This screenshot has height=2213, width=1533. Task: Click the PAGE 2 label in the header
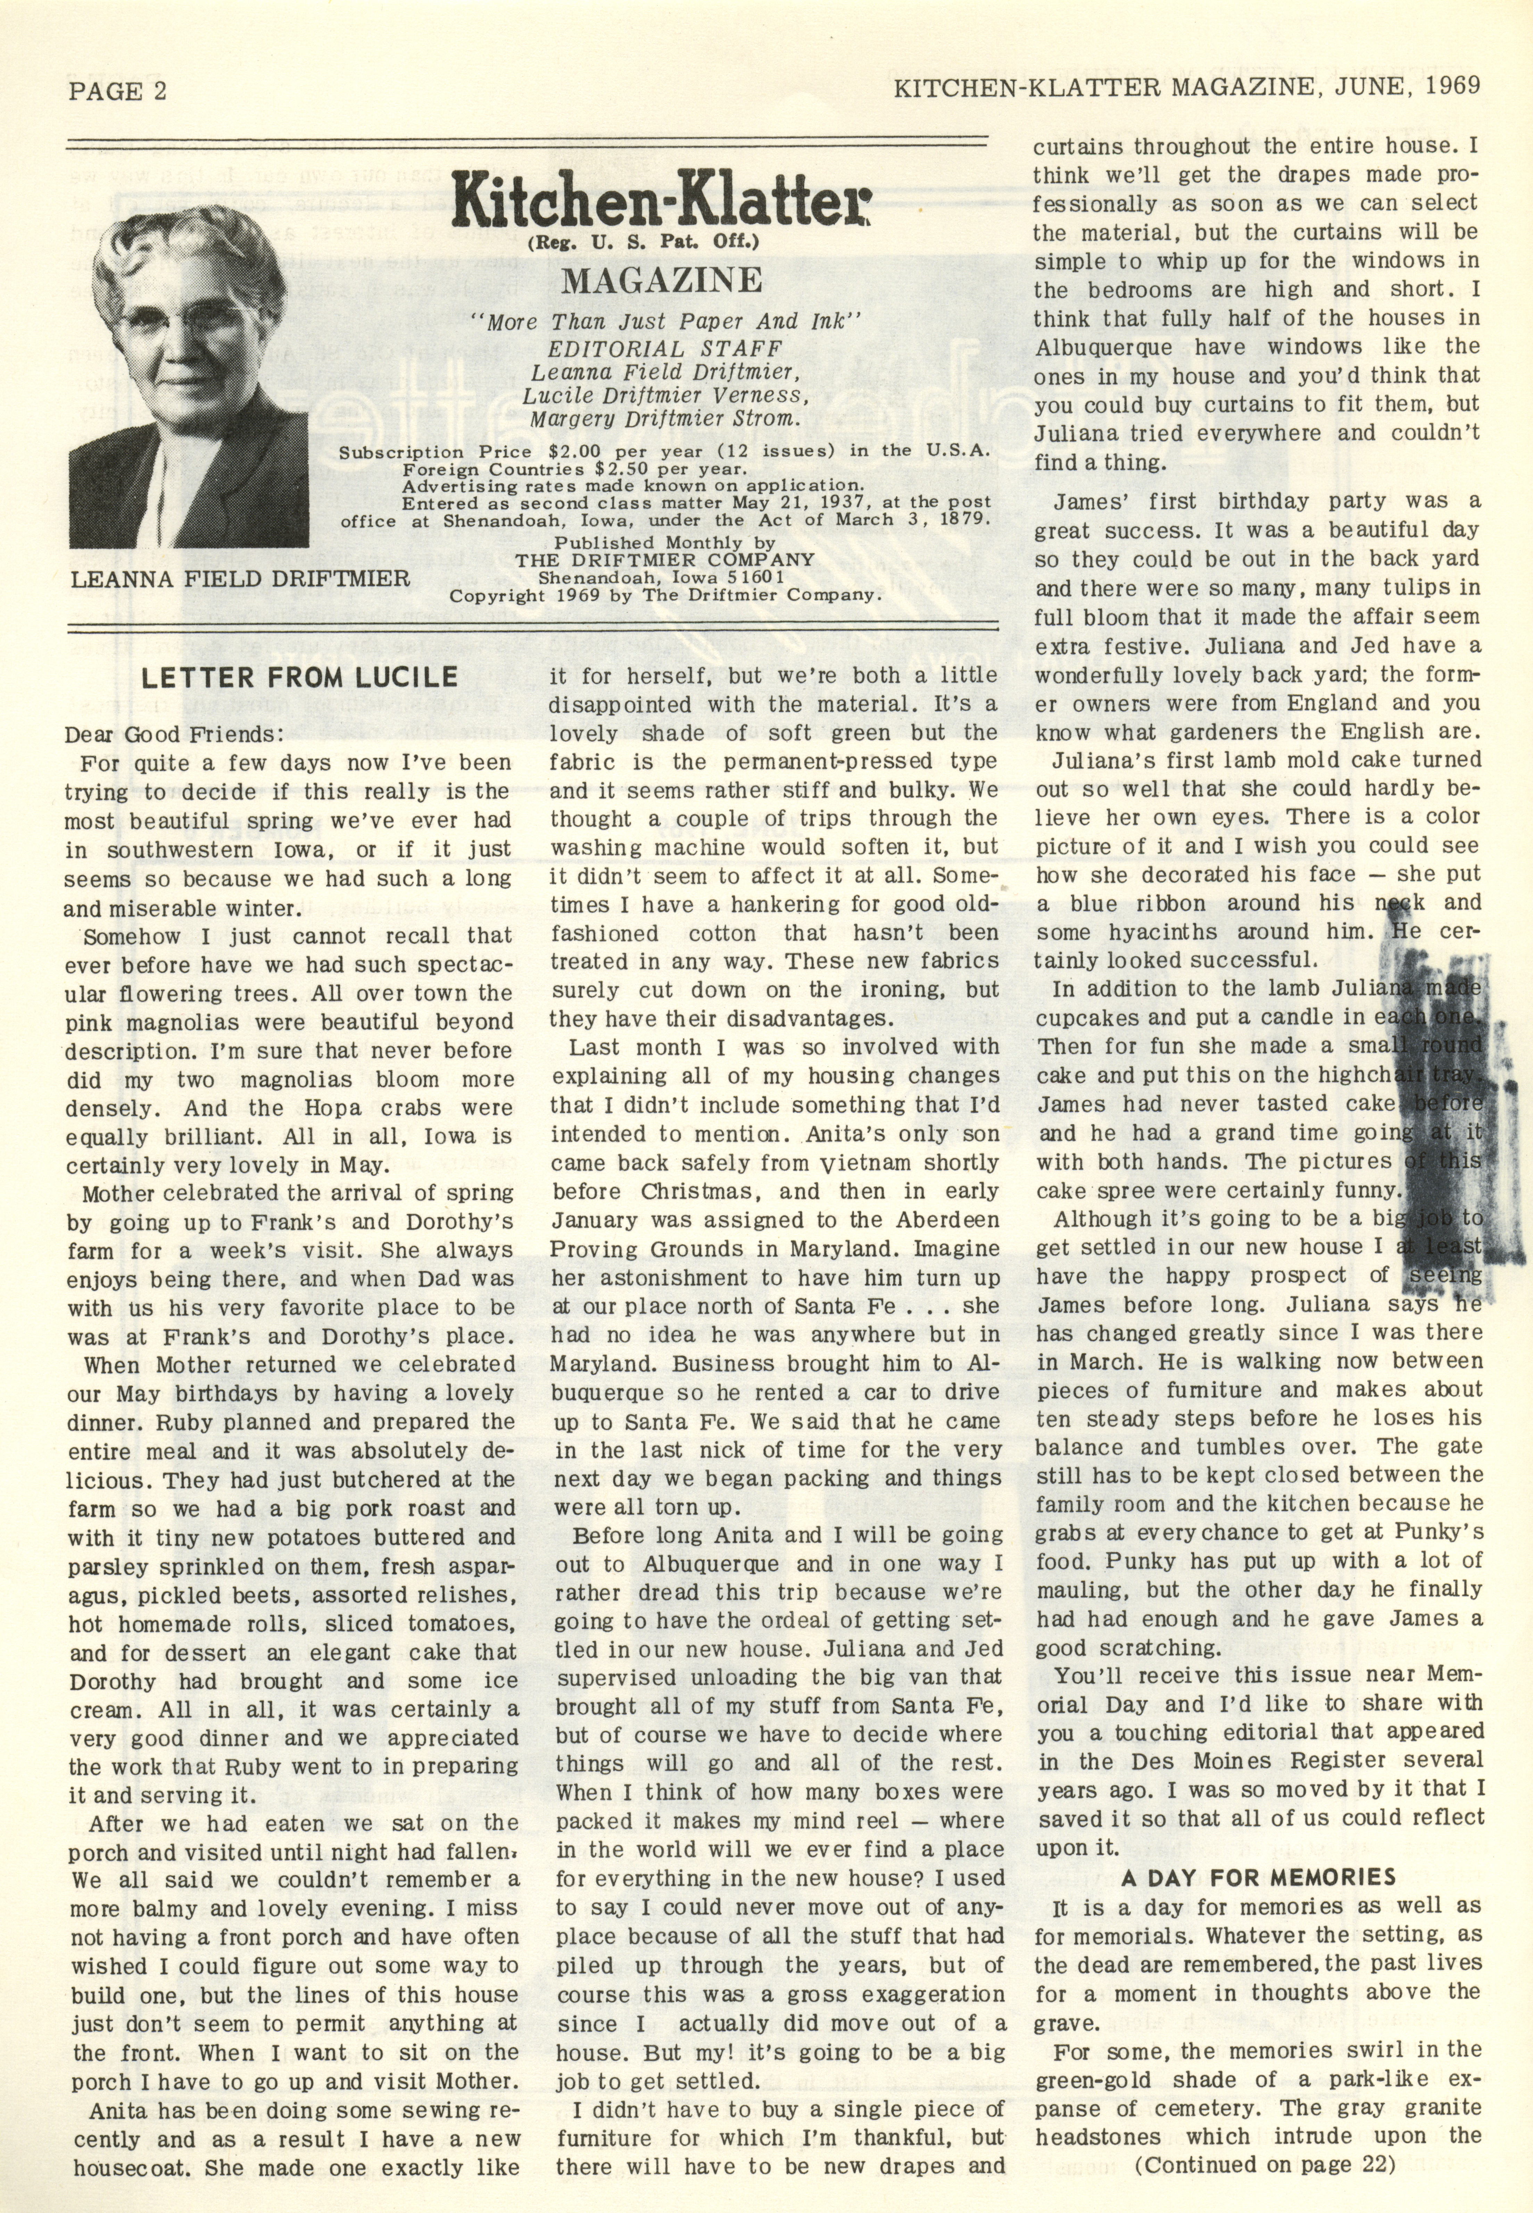[117, 90]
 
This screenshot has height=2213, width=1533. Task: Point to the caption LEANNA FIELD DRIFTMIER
[240, 578]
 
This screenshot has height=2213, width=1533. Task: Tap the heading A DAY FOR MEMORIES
[1258, 1877]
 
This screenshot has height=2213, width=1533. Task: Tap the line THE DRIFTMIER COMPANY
[665, 560]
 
